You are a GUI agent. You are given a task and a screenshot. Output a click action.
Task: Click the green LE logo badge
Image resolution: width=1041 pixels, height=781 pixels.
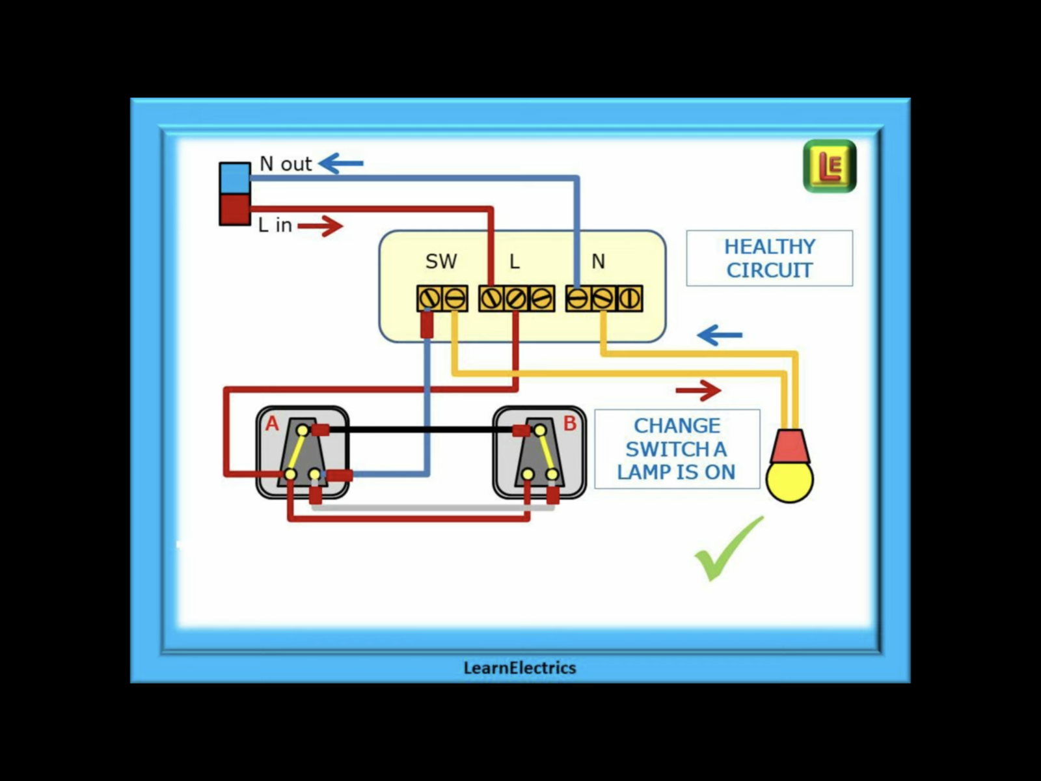pos(830,166)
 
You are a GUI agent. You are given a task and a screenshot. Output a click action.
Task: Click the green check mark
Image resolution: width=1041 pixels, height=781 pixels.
pos(728,549)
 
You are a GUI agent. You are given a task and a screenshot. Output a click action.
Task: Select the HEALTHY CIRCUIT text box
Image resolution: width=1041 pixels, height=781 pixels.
pos(769,258)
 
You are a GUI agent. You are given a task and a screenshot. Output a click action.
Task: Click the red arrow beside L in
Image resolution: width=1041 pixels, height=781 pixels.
pos(320,226)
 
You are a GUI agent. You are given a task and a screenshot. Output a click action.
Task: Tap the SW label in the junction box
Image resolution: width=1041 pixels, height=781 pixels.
pos(441,262)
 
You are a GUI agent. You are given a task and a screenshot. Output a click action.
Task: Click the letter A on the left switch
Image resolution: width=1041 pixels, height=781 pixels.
pos(272,424)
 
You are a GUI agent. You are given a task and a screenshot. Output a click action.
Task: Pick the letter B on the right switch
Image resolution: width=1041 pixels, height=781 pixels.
pos(570,424)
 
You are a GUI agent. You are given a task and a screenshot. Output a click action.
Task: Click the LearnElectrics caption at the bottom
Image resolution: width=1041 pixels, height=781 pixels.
pos(520,668)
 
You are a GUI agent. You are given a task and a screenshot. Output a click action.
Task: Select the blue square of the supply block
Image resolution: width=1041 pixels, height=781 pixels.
pos(235,178)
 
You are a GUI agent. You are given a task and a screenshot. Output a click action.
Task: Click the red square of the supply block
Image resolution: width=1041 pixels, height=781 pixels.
pos(235,209)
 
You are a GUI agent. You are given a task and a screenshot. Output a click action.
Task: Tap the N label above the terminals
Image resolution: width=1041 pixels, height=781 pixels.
pos(598,262)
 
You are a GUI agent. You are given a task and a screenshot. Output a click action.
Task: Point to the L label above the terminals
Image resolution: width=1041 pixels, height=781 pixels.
pos(515,262)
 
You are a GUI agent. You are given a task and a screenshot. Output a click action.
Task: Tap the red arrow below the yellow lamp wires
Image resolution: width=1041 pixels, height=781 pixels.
pos(698,390)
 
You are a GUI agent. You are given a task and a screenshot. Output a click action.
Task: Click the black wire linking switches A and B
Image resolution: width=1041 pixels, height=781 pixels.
pos(423,430)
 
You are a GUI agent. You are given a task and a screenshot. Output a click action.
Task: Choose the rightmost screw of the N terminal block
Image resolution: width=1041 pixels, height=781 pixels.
pos(629,299)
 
